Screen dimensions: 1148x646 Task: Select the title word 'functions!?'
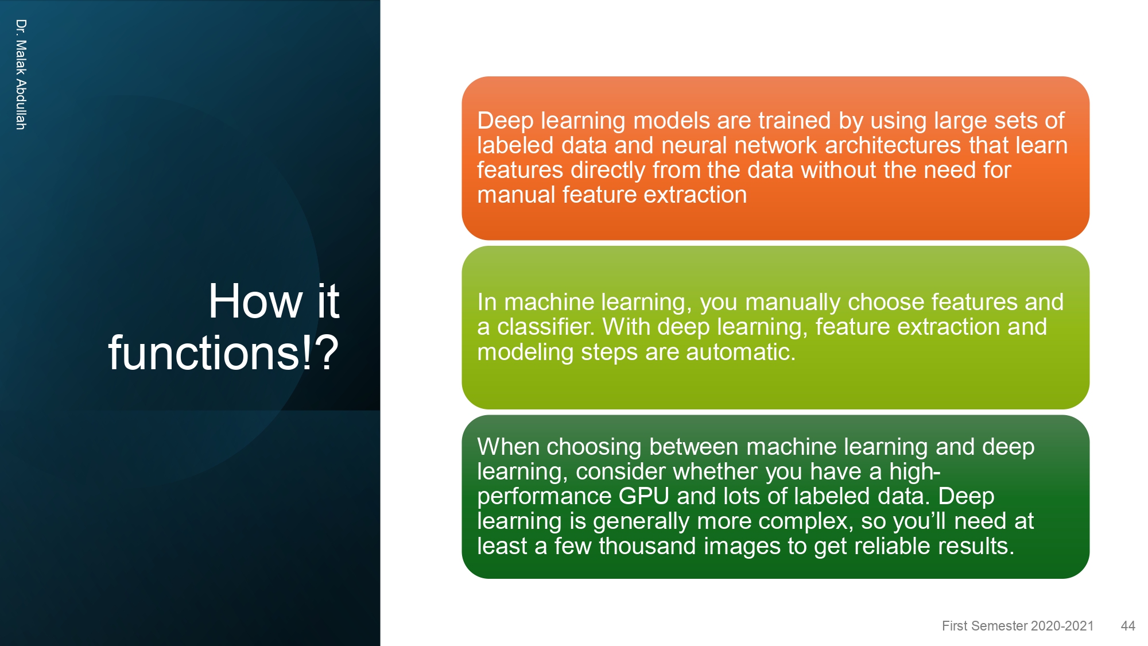(x=224, y=353)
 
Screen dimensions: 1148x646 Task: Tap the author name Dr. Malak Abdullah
(x=21, y=74)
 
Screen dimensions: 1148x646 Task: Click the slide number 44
(x=1128, y=626)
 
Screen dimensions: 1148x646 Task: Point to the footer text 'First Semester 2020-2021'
(x=1018, y=626)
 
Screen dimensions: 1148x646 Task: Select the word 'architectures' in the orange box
(x=893, y=145)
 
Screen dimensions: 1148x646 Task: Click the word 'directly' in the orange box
(x=608, y=171)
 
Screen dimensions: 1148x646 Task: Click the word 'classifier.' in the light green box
(x=546, y=327)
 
